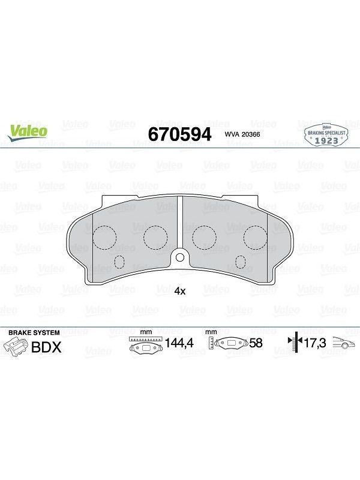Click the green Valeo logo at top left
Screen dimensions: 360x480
(28, 133)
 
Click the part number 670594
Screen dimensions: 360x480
(179, 134)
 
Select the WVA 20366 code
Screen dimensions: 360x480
(242, 134)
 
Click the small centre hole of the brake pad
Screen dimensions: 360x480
(180, 257)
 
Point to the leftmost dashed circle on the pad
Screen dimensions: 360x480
(104, 237)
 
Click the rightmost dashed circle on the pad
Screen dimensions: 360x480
(256, 237)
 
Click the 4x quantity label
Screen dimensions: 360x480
(180, 291)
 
